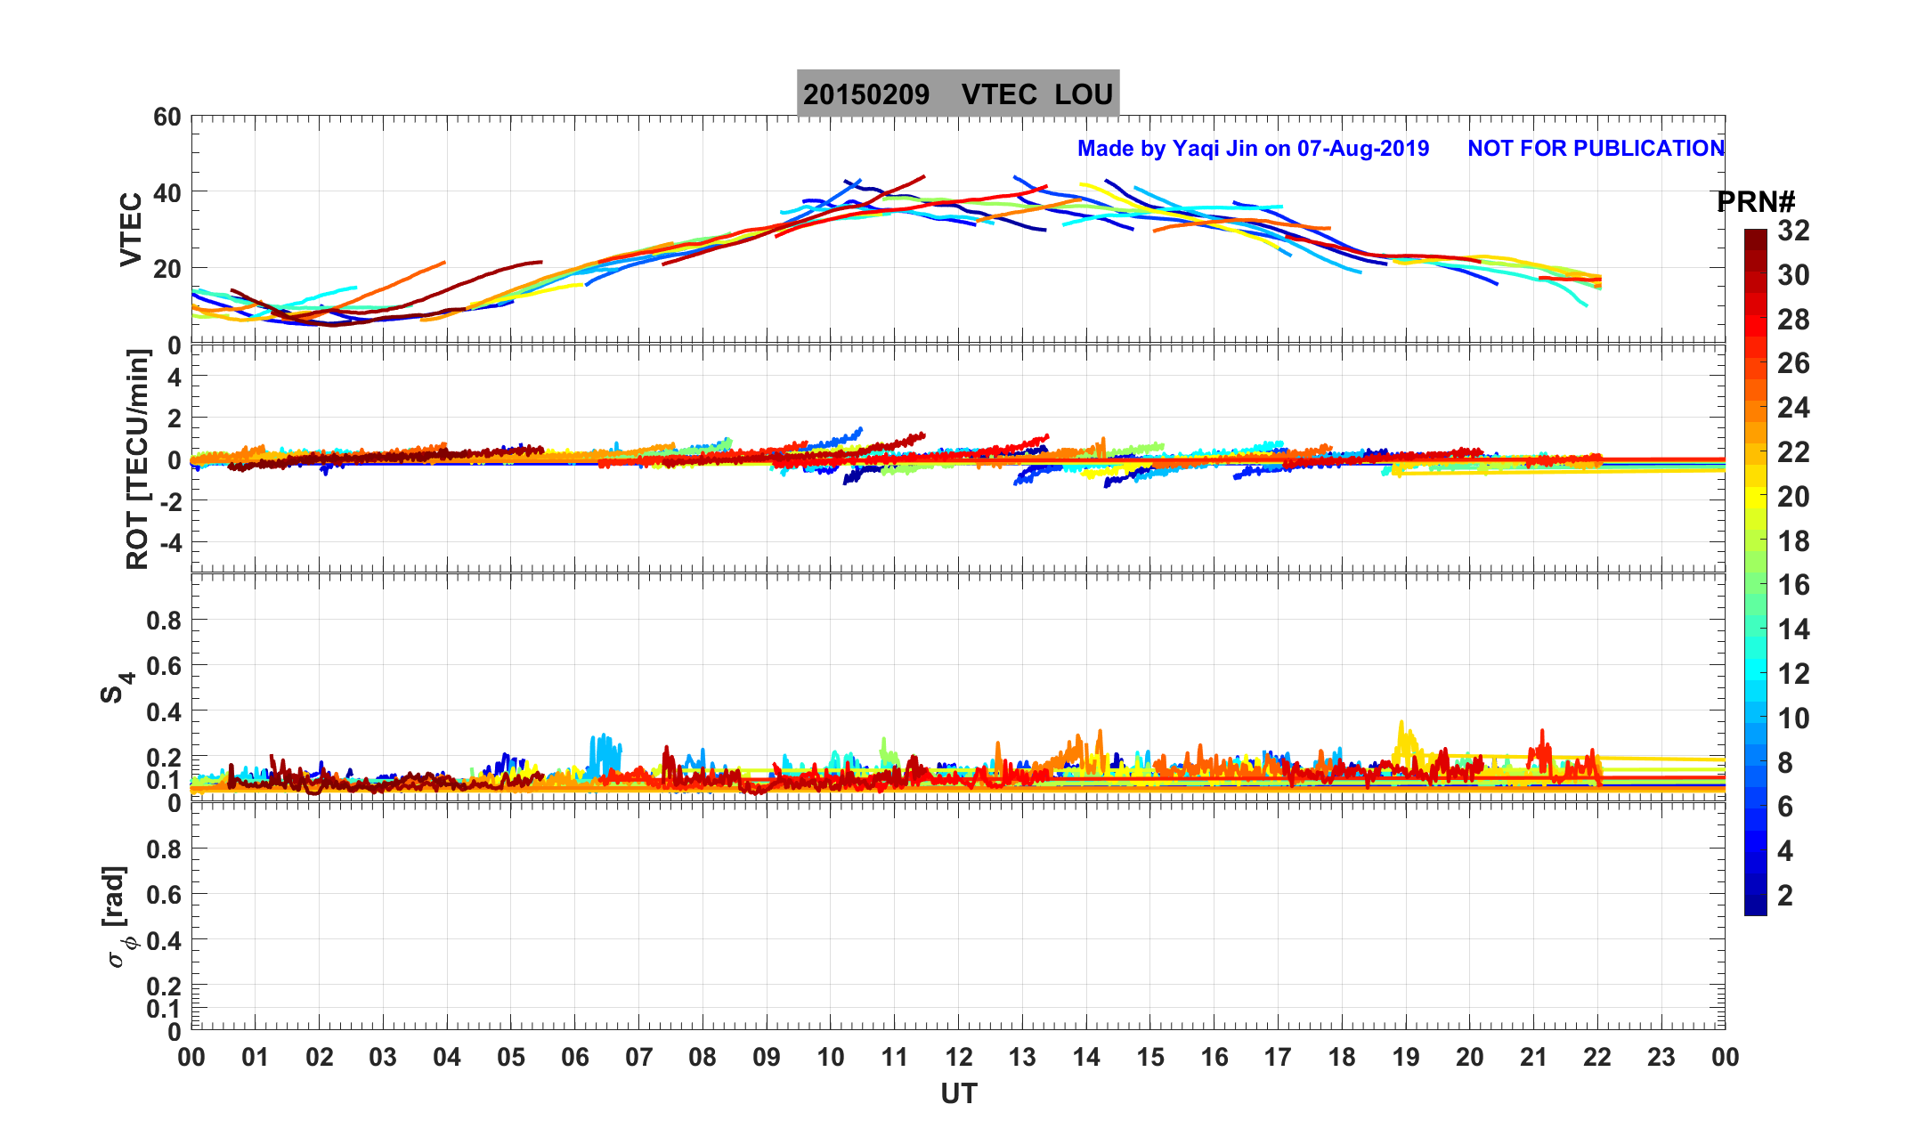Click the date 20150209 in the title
pos(865,94)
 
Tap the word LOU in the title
pos(1084,94)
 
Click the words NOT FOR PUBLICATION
pos(1596,149)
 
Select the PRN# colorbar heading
pos(1755,202)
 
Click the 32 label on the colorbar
pos(1793,231)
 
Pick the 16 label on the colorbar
pos(1793,585)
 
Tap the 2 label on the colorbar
pos(1784,896)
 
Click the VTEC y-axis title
pos(132,229)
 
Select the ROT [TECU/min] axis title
pos(137,459)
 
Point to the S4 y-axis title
pos(116,687)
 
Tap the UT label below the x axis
pos(959,1093)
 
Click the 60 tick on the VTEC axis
pos(167,118)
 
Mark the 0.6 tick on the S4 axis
pos(163,665)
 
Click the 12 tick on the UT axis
pos(959,1058)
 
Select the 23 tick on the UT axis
pos(1661,1058)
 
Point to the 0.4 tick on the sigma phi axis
pos(163,940)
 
